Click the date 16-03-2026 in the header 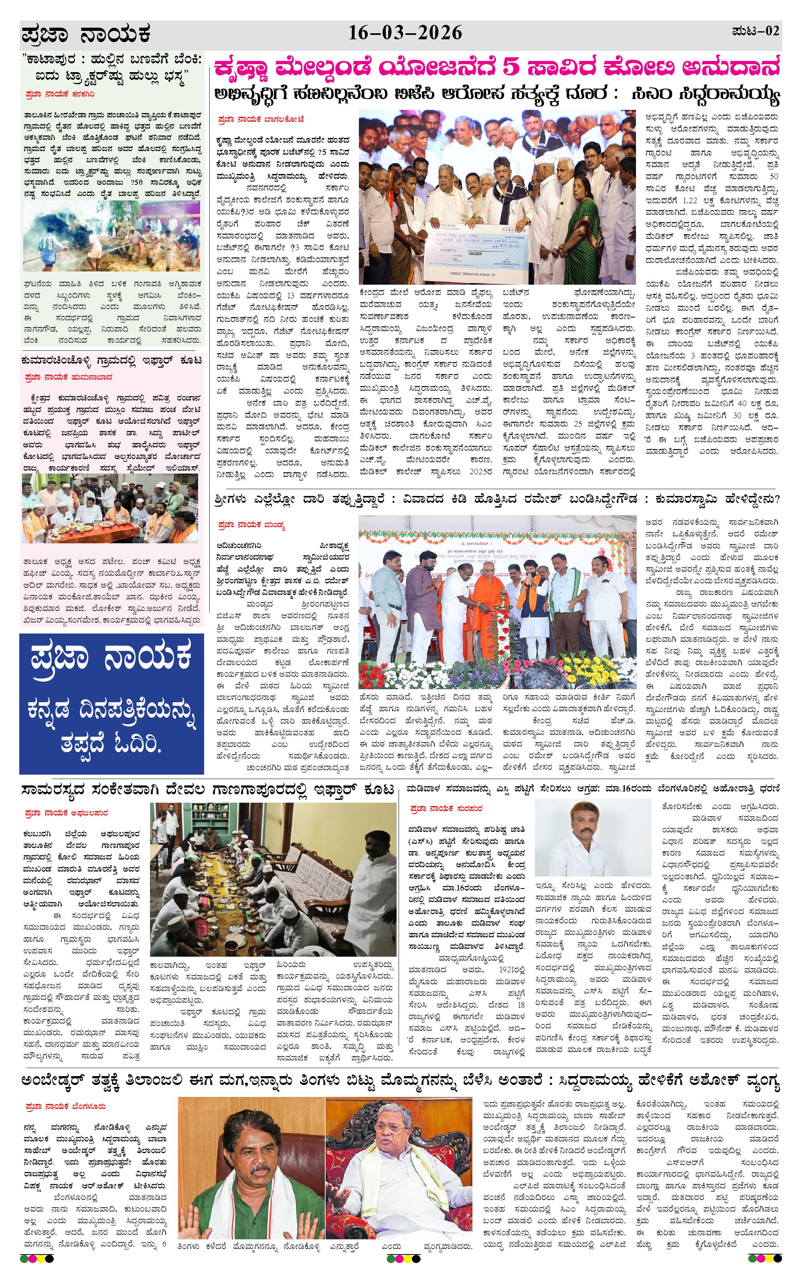click(x=405, y=33)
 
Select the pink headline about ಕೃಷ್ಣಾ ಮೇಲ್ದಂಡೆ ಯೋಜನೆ click(x=496, y=69)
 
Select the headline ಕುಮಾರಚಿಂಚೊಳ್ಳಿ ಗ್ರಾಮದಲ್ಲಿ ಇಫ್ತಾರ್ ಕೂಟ click(x=111, y=360)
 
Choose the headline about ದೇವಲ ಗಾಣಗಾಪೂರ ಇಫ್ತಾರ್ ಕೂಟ click(x=208, y=790)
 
